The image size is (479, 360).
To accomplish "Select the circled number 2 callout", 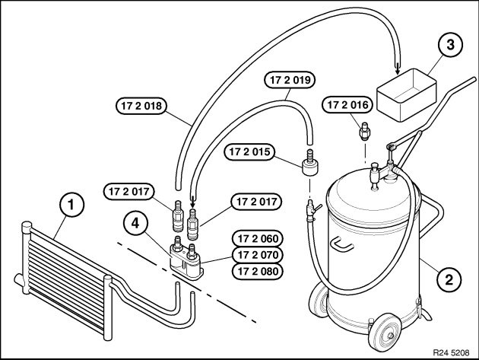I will pos(450,279).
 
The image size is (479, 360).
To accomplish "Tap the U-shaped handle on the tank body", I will pos(344,245).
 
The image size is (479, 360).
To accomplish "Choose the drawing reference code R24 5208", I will pos(452,352).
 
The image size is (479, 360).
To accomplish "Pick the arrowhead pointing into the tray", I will pos(397,70).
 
